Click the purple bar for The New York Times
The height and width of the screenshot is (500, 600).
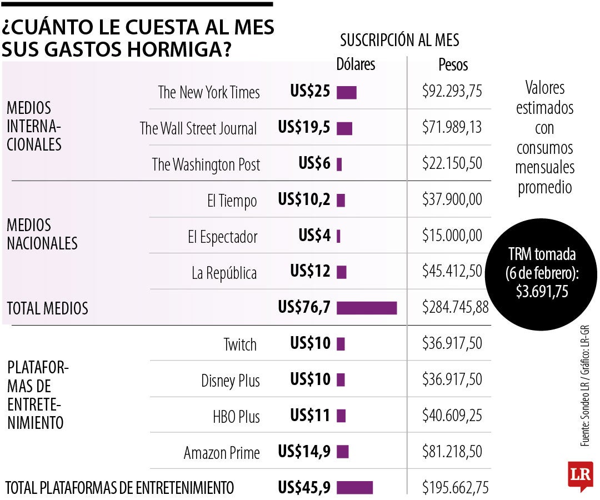pyautogui.click(x=346, y=92)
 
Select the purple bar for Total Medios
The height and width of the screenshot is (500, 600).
pyautogui.click(x=367, y=308)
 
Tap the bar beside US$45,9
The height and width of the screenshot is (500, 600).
pyautogui.click(x=354, y=487)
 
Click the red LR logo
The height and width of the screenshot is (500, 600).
pyautogui.click(x=580, y=476)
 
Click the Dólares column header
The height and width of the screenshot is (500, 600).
pyautogui.click(x=356, y=64)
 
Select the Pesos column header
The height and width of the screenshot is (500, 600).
pyautogui.click(x=453, y=65)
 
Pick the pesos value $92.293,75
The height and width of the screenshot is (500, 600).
pyautogui.click(x=452, y=92)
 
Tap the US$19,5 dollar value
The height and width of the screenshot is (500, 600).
pyautogui.click(x=304, y=128)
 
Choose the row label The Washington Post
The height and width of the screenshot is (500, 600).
pyautogui.click(x=206, y=164)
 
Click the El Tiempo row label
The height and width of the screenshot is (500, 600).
pyautogui.click(x=232, y=201)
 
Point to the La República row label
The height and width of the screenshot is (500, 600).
pyautogui.click(x=224, y=273)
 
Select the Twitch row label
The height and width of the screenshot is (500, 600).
pyautogui.click(x=240, y=344)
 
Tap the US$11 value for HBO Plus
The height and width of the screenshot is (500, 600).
pyautogui.click(x=310, y=416)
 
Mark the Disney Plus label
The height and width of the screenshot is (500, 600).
pyautogui.click(x=231, y=381)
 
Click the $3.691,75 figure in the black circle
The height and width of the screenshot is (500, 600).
pyautogui.click(x=542, y=291)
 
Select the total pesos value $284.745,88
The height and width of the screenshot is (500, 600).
pyautogui.click(x=455, y=307)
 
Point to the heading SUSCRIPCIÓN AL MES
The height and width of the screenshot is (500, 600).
pyautogui.click(x=399, y=40)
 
